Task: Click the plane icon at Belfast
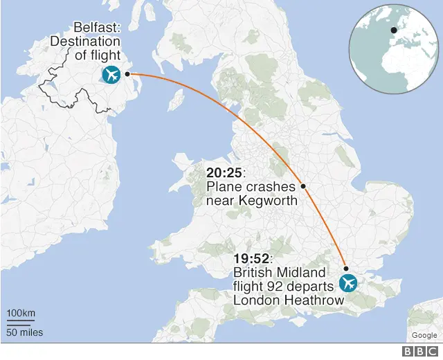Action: coord(110,74)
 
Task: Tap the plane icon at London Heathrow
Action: coord(347,283)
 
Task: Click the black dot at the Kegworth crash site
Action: coord(303,186)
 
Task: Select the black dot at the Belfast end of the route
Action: coord(127,73)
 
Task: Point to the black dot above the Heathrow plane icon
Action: coord(346,268)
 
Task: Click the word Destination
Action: coord(84,42)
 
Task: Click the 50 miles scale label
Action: coord(24,332)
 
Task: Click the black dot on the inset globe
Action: coord(394,30)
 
